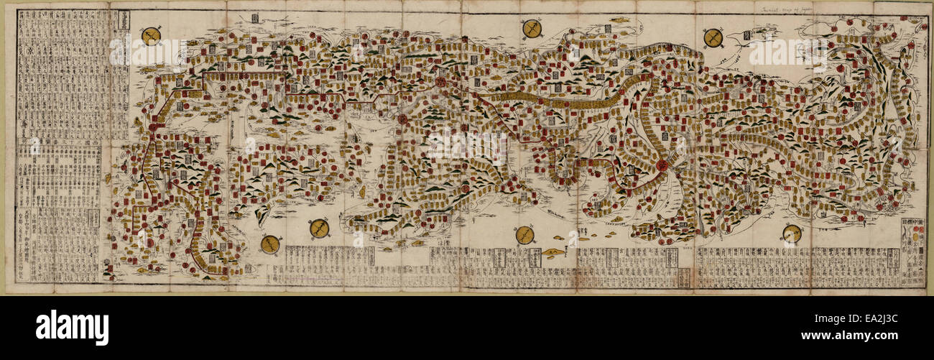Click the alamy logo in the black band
[72, 328]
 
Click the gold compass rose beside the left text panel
[151, 36]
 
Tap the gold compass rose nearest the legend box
[792, 234]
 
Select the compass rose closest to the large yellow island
[524, 235]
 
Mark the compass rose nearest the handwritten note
[713, 37]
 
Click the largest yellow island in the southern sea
[552, 253]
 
